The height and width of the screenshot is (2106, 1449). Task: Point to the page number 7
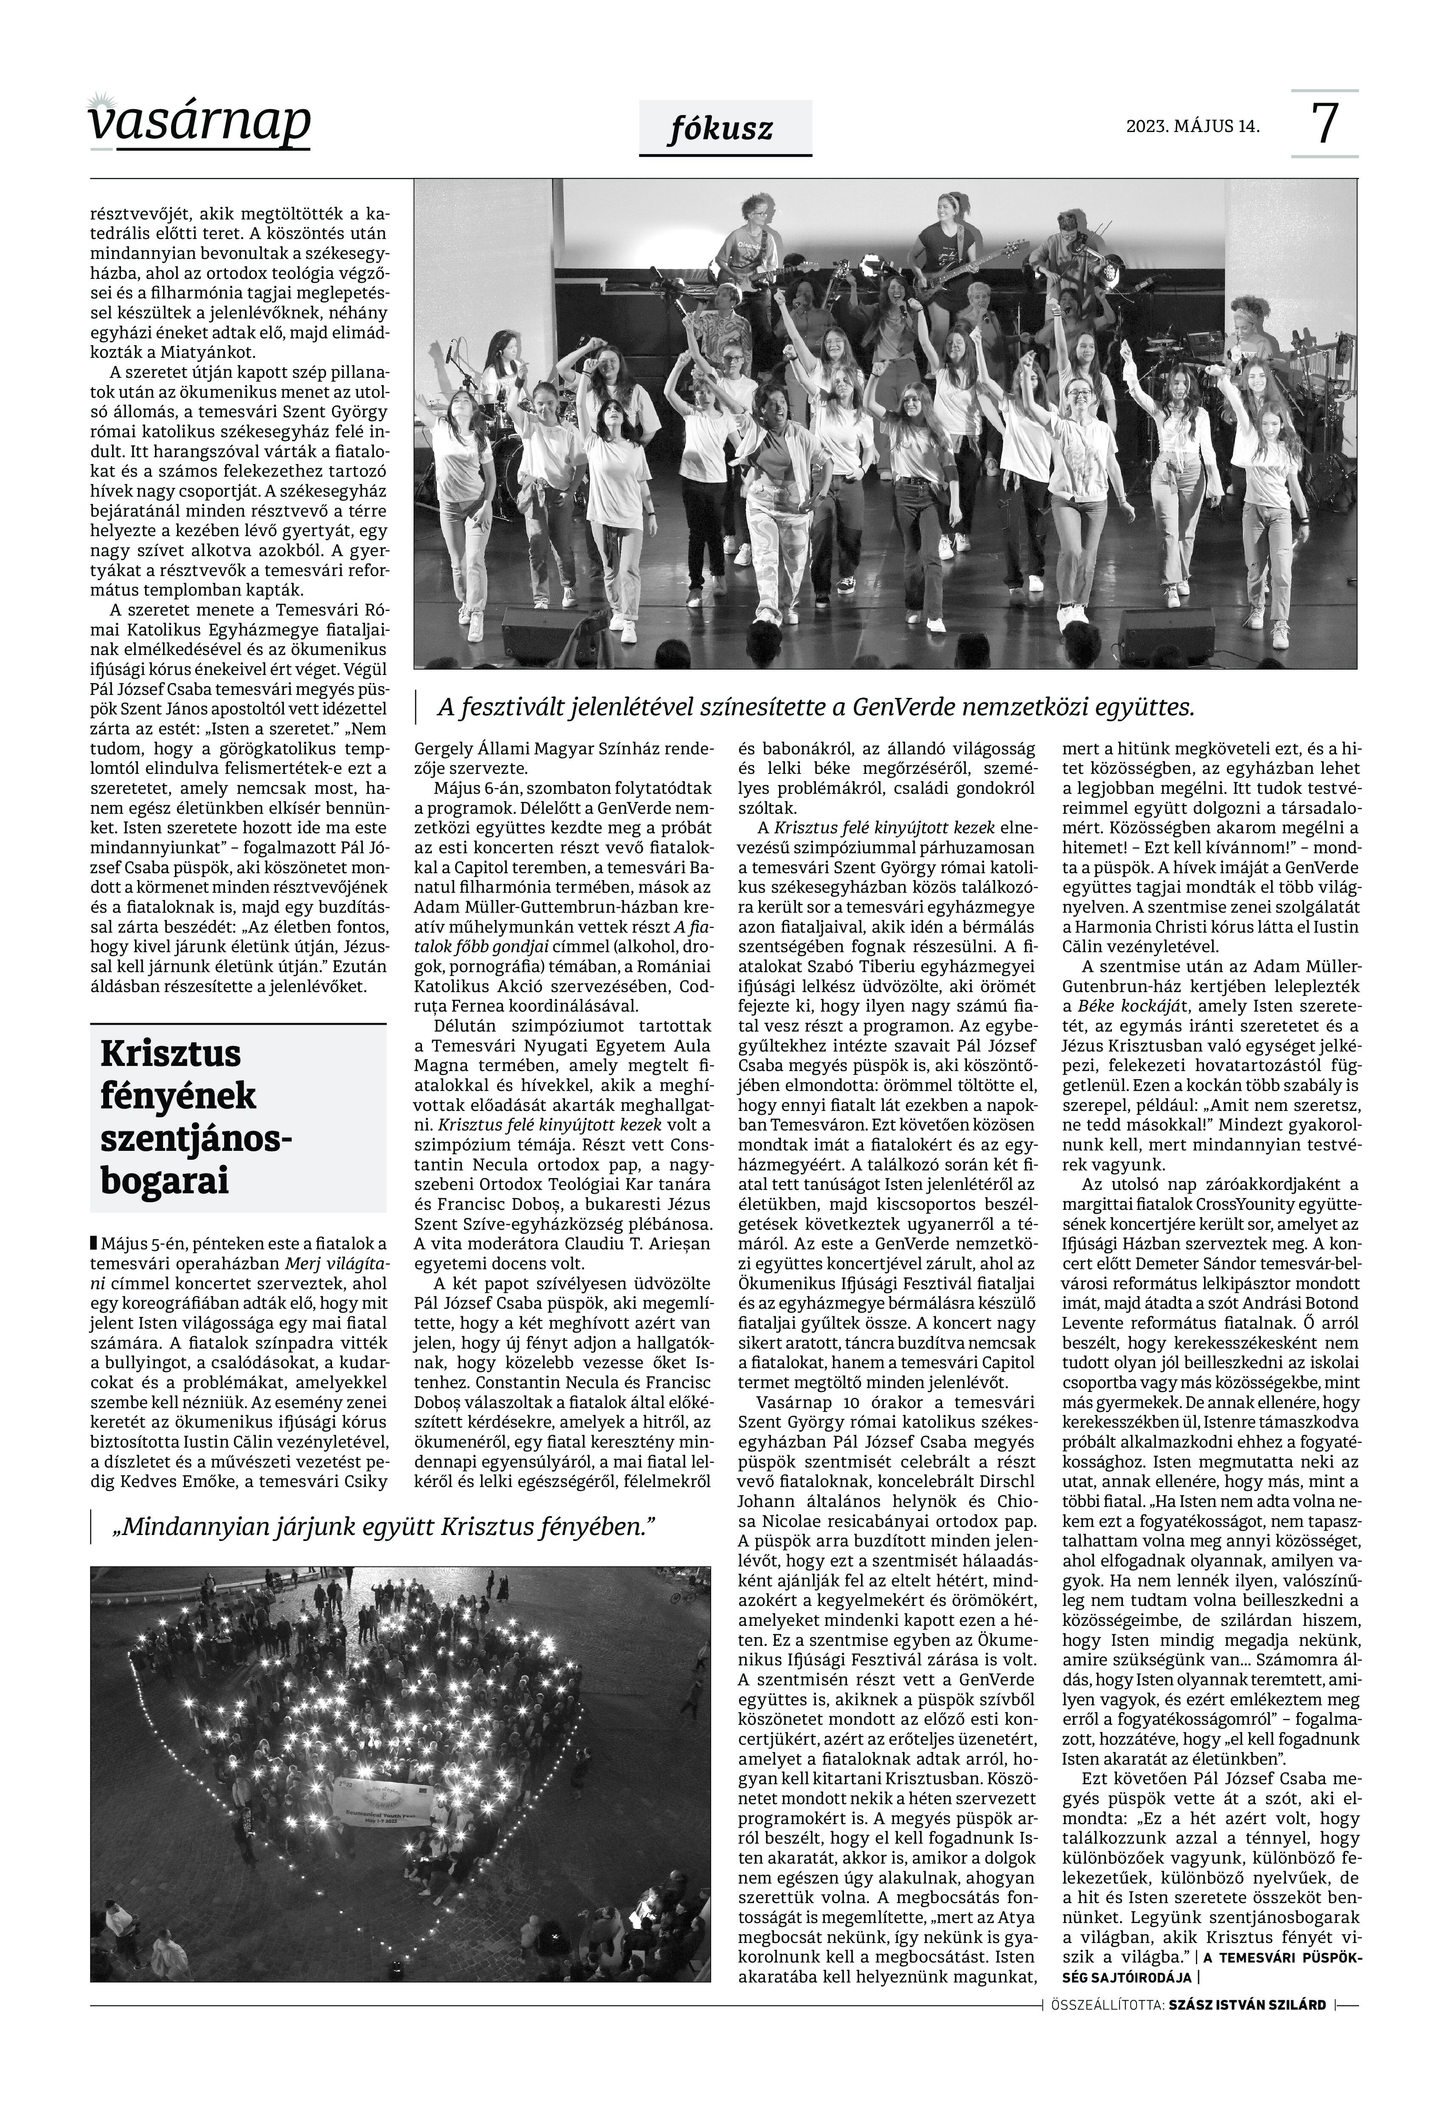click(x=1325, y=124)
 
